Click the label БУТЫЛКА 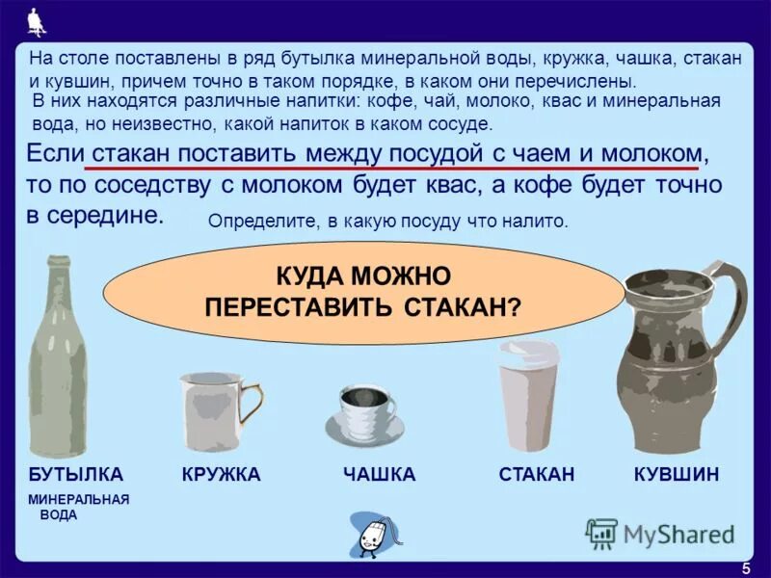76,475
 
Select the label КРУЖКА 221,475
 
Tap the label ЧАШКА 379,475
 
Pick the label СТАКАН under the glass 537,475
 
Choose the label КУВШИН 677,475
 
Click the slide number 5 746,567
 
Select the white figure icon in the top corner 38,19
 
